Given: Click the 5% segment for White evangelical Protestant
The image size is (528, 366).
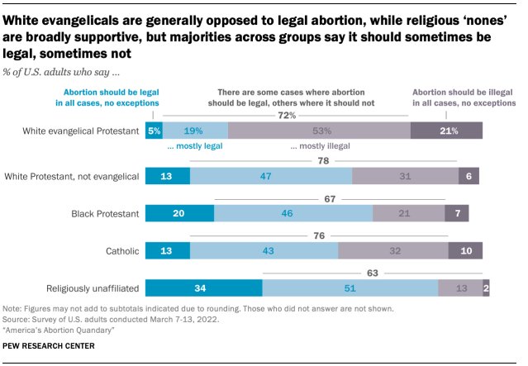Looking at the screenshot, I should pos(154,130).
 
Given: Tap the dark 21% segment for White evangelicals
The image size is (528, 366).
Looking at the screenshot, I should pos(446,130).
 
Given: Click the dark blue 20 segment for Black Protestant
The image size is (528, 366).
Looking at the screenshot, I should pos(179,213).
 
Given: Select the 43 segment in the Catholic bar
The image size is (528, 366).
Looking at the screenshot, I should pos(264,250).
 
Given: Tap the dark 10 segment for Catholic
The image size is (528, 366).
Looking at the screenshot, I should pos(465,250).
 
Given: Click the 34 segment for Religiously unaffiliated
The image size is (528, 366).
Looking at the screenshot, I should pos(203,288).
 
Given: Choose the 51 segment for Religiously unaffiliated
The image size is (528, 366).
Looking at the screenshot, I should pos(350,288).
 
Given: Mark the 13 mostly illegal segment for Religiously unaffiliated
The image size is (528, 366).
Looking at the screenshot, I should pos(460,288).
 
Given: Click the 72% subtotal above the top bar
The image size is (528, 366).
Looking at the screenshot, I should pos(287,116).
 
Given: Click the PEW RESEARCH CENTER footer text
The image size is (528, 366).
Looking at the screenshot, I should pos(50,345).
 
